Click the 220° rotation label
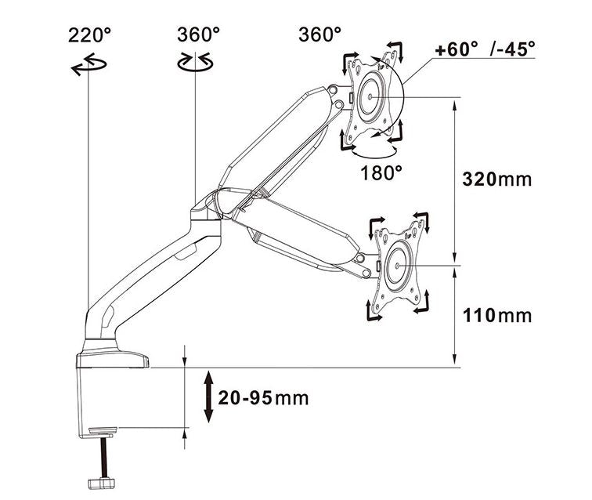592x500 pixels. click(x=90, y=35)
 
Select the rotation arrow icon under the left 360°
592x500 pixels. click(x=196, y=63)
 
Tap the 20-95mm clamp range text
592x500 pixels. click(x=263, y=397)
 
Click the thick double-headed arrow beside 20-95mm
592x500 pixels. click(x=209, y=397)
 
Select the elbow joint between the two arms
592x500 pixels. click(x=206, y=208)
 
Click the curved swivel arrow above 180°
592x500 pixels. click(x=374, y=146)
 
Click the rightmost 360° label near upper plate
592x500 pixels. click(x=320, y=35)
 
